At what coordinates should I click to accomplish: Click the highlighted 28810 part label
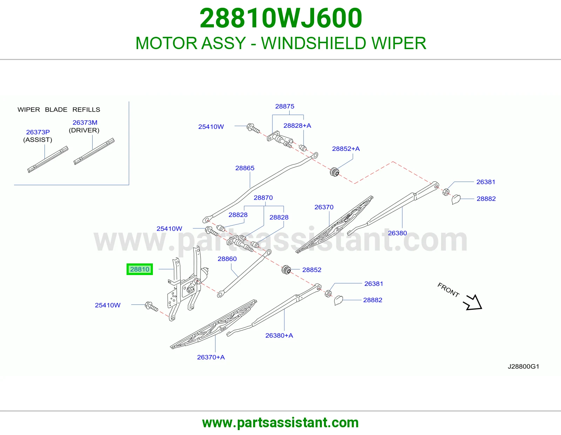[x=140, y=269]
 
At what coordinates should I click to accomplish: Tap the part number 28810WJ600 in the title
[x=281, y=18]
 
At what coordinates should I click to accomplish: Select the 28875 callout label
[x=284, y=106]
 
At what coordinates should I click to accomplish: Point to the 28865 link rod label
[x=245, y=168]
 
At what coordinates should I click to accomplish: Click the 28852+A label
[x=346, y=148]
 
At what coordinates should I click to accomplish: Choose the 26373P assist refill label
[x=38, y=132]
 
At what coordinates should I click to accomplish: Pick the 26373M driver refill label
[x=85, y=122]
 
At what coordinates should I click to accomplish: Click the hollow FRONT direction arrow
[x=473, y=302]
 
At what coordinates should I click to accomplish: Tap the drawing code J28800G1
[x=523, y=366]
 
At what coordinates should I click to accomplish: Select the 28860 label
[x=227, y=259]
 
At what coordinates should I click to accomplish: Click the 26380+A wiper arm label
[x=279, y=335]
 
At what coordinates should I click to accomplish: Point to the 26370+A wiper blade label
[x=211, y=357]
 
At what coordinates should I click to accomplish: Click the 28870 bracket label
[x=263, y=198]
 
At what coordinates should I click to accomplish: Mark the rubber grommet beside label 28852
[x=286, y=270]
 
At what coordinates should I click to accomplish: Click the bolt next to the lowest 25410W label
[x=151, y=306]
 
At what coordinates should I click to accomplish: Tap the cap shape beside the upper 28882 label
[x=456, y=199]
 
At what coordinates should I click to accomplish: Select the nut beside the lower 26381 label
[x=328, y=294]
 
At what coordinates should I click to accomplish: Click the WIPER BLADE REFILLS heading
[x=59, y=109]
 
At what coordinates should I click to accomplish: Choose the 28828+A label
[x=297, y=126]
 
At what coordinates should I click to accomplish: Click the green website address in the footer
[x=280, y=423]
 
